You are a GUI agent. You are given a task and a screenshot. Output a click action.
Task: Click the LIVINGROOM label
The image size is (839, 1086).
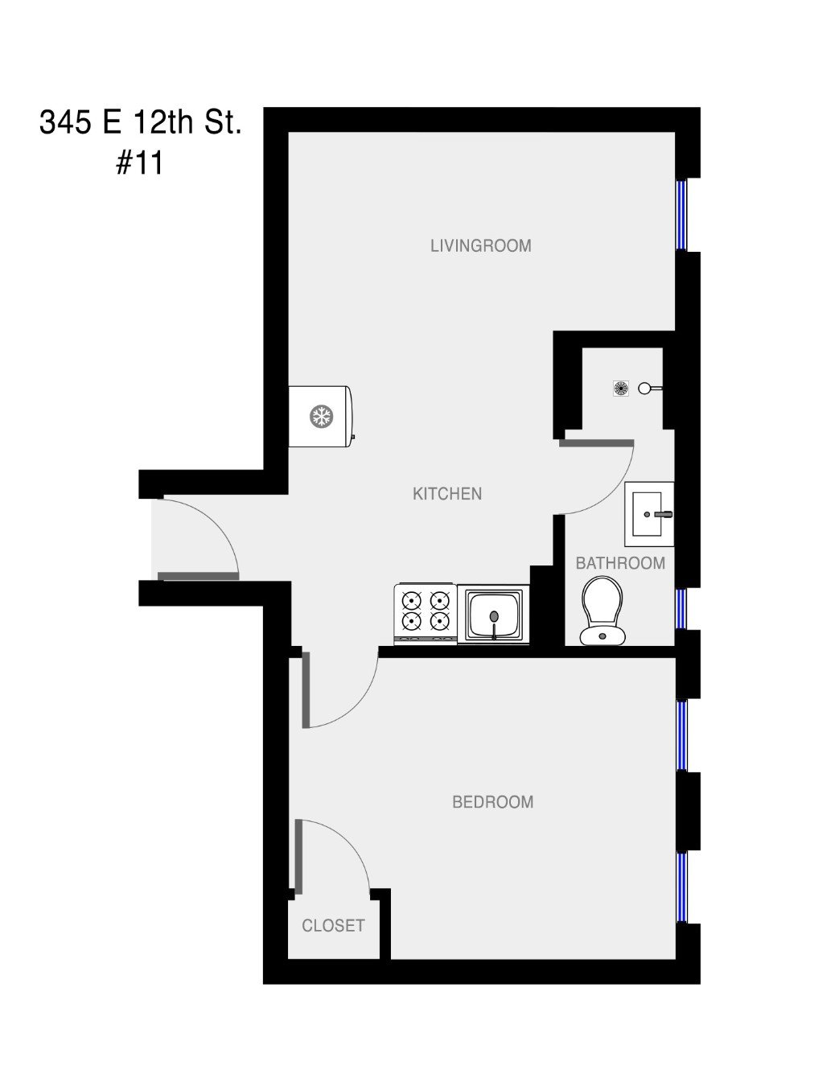click(x=480, y=245)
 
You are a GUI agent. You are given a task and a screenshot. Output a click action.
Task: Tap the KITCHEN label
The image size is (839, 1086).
click(x=446, y=494)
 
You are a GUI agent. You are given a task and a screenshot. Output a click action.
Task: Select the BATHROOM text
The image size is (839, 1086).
click(x=620, y=563)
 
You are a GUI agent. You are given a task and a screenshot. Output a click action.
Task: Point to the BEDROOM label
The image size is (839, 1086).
click(x=492, y=802)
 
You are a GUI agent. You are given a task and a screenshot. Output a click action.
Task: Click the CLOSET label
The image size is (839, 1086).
click(x=333, y=926)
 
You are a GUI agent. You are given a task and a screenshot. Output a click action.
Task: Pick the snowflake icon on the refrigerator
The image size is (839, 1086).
click(x=322, y=417)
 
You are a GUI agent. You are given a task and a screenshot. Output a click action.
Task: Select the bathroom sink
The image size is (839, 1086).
click(x=649, y=513)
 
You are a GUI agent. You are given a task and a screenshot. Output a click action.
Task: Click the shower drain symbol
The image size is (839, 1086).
click(x=621, y=389)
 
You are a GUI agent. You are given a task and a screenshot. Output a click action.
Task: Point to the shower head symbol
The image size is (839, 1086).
click(x=648, y=389)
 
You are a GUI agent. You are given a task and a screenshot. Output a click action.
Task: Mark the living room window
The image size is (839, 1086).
click(x=682, y=214)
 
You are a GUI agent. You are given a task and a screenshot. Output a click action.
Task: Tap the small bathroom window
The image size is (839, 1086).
click(x=681, y=609)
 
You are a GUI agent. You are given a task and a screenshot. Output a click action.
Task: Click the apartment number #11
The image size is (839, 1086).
click(x=140, y=163)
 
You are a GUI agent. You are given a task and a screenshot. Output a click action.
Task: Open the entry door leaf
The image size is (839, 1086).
click(x=198, y=576)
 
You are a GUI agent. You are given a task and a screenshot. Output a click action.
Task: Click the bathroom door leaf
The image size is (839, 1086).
click(x=596, y=442)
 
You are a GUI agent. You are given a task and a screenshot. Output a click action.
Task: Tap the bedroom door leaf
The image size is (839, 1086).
click(x=306, y=689)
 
